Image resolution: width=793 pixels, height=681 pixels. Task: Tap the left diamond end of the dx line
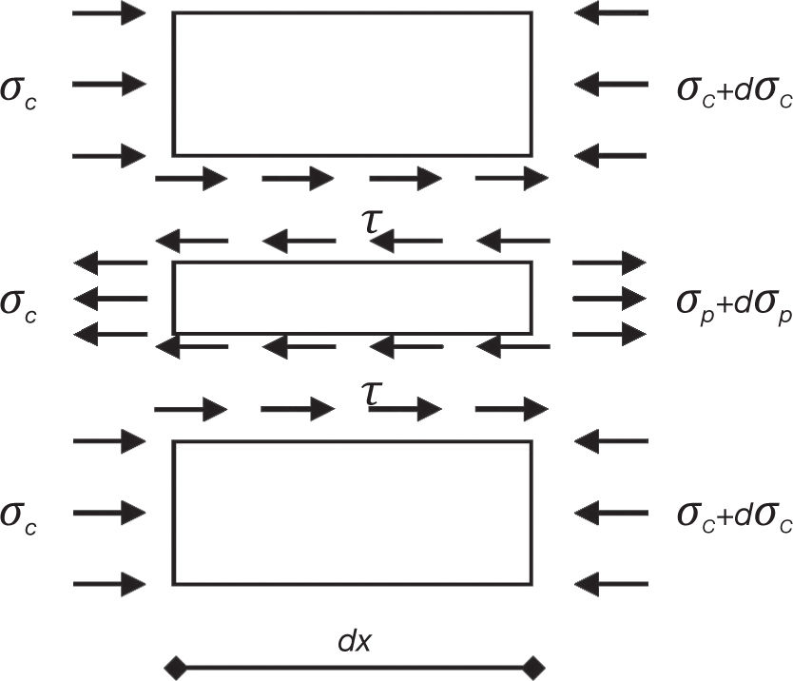coord(173,665)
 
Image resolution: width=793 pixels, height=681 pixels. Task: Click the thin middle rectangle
coord(352,298)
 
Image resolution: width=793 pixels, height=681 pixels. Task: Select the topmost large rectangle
coord(352,84)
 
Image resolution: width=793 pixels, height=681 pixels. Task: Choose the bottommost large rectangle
coord(352,513)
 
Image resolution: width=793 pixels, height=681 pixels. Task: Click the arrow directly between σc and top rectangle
coord(109,84)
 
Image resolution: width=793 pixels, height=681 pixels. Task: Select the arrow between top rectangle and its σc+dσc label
coord(610,84)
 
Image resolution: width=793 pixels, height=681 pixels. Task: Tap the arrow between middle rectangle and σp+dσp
coord(609,298)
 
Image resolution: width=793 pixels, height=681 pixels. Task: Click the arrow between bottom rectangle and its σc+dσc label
coord(610,513)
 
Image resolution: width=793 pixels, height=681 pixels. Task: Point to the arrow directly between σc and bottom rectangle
coord(109,513)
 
